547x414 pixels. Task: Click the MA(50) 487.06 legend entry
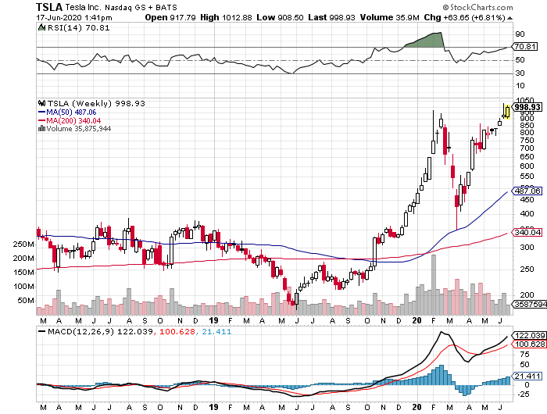[69, 112]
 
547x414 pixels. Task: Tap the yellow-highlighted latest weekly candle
[508, 112]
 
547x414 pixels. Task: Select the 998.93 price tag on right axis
[527, 106]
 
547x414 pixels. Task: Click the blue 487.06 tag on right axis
[527, 191]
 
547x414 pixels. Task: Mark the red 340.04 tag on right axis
[527, 232]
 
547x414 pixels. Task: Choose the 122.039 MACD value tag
[527, 335]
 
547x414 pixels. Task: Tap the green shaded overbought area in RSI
[428, 41]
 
